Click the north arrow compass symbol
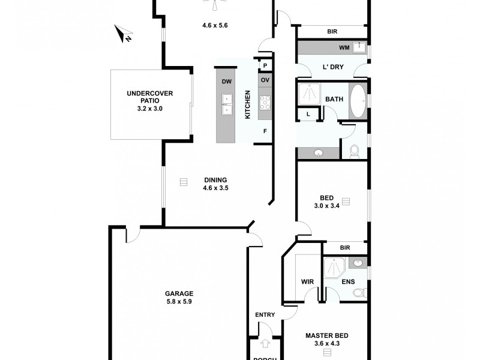125,34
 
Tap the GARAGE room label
179,293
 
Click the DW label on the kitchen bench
227,82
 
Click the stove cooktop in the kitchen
265,103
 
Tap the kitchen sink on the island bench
227,104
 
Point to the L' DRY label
333,67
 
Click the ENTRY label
265,315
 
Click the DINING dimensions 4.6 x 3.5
215,188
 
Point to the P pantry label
264,65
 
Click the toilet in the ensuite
358,293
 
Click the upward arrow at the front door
265,344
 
